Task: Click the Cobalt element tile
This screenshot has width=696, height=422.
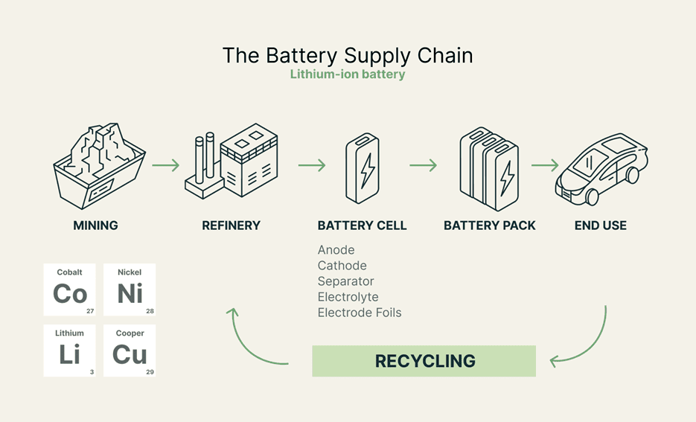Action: click(70, 290)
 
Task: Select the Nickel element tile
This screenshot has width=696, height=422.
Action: click(130, 290)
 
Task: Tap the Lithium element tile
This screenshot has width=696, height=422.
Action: click(70, 351)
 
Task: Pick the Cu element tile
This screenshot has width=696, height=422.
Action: click(130, 351)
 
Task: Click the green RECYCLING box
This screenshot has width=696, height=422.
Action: click(424, 361)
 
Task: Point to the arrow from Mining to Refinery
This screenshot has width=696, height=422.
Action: click(165, 165)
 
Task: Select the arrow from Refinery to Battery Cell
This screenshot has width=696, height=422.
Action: click(312, 165)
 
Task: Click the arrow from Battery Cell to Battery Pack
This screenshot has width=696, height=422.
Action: click(423, 165)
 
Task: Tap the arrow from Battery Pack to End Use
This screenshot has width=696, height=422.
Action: click(545, 165)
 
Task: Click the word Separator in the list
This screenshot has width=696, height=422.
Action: click(346, 281)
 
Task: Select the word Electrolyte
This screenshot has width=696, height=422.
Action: click(348, 297)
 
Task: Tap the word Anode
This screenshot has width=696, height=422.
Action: click(336, 250)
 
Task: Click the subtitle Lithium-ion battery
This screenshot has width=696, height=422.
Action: click(348, 74)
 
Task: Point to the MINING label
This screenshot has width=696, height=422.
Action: click(95, 226)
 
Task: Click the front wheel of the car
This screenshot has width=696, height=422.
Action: click(592, 197)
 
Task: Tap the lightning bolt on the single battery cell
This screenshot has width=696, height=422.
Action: click(368, 171)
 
